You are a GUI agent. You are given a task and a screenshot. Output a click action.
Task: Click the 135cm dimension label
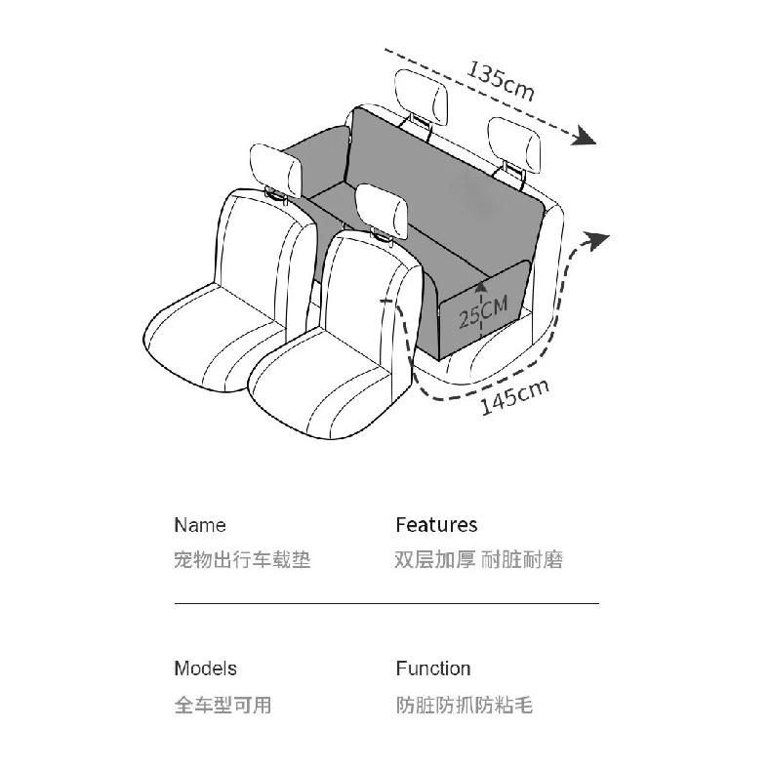point(500,81)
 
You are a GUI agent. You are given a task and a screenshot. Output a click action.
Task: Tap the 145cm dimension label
point(514,397)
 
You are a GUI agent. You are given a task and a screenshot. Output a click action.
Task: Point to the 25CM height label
point(483,313)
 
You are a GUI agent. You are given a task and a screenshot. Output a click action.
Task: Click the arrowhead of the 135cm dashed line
point(584,136)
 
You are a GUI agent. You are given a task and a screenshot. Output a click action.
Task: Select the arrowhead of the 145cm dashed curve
point(595,241)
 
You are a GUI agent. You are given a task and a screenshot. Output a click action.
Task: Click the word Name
point(200,525)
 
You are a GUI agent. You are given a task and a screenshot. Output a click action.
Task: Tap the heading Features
point(436,524)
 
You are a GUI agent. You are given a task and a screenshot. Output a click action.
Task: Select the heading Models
point(205,669)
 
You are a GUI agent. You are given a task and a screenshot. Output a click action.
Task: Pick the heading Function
point(433,669)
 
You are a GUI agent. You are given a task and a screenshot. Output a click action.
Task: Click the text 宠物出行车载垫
point(242,559)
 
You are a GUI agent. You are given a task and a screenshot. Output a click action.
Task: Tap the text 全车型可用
point(223,705)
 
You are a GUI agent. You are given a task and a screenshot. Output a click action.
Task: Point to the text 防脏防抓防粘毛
point(465,705)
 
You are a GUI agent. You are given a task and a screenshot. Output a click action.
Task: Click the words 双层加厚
point(434,559)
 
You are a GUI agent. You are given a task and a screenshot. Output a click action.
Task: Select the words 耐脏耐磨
point(522,559)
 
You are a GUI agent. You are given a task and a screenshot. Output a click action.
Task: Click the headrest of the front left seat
point(276,171)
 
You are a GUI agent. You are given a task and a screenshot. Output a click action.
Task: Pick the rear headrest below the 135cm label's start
point(422,97)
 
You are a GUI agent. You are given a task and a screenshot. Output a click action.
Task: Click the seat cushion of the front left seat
point(216,339)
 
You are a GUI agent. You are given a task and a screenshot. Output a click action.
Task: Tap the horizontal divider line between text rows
point(386,602)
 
